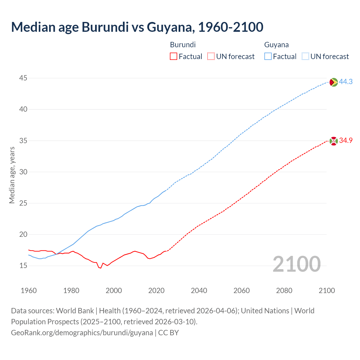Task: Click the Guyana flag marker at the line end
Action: point(334,82)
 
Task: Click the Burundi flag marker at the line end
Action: point(334,141)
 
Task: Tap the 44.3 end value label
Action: point(346,82)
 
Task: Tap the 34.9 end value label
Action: point(346,140)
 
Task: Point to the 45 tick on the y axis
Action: point(23,78)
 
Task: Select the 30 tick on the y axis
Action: point(23,172)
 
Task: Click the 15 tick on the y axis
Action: point(23,265)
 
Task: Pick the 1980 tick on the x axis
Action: point(71,291)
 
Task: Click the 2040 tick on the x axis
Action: point(199,291)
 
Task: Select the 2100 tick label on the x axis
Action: point(327,291)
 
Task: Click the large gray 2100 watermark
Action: point(296,264)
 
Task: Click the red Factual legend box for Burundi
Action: point(174,57)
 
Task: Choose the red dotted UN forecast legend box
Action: point(211,57)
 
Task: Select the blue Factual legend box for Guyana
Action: point(268,57)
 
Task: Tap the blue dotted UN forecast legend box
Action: point(305,57)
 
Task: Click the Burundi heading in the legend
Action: point(183,45)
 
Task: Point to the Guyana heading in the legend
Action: point(276,45)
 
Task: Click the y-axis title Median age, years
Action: point(12,175)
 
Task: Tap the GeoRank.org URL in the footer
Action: point(82,332)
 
